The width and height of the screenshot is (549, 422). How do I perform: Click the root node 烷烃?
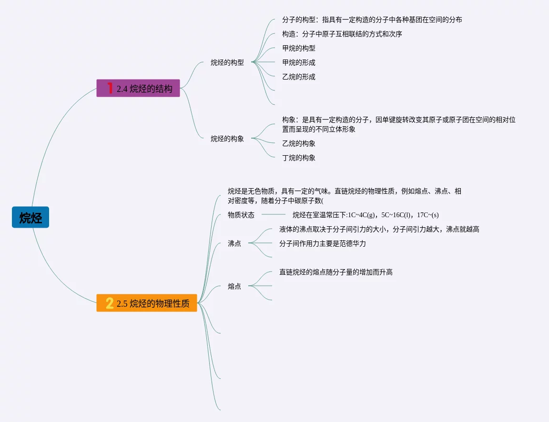tap(30, 218)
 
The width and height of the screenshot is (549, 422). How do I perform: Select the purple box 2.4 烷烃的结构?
tap(138, 88)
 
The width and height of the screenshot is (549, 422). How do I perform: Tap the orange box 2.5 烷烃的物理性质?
tap(147, 303)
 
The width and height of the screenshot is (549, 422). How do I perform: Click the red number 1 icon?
tap(110, 88)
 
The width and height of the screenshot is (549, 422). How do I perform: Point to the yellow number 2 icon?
tap(110, 303)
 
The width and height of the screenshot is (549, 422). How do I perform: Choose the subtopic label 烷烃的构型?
tap(227, 62)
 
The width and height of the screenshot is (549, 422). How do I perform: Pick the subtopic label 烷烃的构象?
tap(227, 139)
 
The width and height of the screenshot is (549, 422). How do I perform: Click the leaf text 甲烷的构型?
tap(299, 48)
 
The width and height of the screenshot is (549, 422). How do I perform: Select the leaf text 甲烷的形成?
tap(299, 62)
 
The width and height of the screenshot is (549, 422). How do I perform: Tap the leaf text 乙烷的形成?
tap(299, 77)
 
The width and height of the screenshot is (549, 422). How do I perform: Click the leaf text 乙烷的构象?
tap(299, 143)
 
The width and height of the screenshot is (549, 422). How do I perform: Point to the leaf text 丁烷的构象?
tap(299, 158)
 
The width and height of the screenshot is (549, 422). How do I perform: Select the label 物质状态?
tap(241, 215)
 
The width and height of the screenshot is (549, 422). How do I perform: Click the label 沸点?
tap(234, 243)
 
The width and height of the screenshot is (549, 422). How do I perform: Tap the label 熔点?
tap(234, 286)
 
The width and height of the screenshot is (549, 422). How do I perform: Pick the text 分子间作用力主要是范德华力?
tap(323, 243)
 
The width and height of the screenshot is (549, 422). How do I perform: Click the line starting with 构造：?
tap(342, 34)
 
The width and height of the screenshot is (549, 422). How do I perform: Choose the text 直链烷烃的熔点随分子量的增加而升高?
tap(336, 272)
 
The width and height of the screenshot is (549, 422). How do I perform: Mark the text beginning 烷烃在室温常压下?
tap(369, 215)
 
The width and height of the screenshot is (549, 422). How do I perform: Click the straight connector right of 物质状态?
tap(273, 215)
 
